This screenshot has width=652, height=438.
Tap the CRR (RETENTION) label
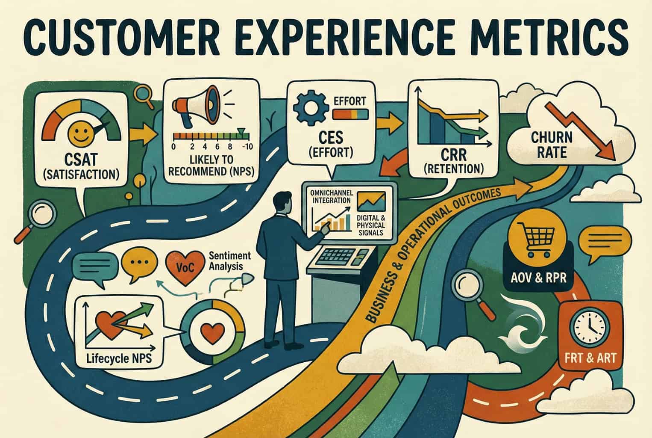454,161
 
